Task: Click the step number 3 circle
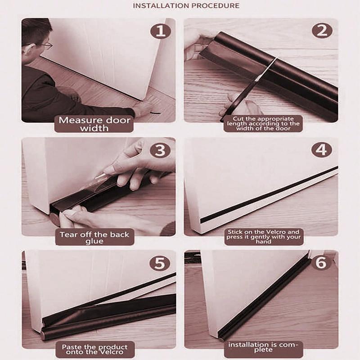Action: [160, 150]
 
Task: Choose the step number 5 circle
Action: [160, 263]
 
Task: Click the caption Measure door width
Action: [94, 124]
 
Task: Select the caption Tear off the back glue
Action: [94, 238]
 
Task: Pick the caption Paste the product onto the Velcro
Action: [94, 350]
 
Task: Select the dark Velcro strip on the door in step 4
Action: [270, 194]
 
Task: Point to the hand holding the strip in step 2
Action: [198, 40]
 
